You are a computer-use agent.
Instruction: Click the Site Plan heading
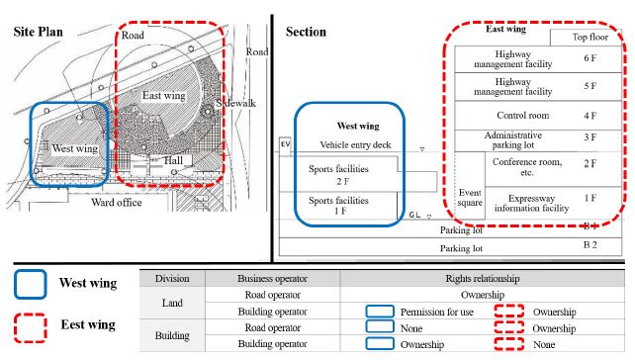(x=38, y=32)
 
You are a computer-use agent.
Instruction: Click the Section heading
(x=306, y=32)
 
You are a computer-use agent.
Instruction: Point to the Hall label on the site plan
(x=173, y=159)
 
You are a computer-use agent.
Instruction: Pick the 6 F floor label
(x=591, y=58)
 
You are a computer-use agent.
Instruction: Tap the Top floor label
(x=591, y=37)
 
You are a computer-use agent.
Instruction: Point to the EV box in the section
(x=286, y=145)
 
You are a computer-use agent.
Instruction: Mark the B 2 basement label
(x=590, y=243)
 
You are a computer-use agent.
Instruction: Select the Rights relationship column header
(x=483, y=279)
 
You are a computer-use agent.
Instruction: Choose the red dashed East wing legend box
(x=33, y=323)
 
